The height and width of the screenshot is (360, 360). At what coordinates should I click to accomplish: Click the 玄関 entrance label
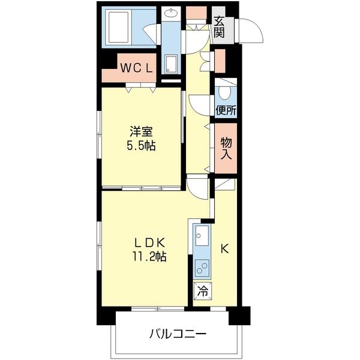point(219,28)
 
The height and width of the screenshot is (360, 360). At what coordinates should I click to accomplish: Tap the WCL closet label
point(136,68)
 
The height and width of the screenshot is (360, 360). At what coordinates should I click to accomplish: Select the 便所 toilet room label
point(226,110)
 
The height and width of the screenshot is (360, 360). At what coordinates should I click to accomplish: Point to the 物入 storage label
point(226,149)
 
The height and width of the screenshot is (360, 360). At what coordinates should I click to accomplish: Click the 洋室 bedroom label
point(141,131)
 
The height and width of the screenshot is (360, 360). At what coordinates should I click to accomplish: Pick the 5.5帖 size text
point(141,145)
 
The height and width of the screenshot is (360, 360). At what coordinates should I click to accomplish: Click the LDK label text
point(149,242)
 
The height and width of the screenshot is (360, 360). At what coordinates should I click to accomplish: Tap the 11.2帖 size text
point(149,256)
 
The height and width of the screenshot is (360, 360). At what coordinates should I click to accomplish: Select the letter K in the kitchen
point(224,248)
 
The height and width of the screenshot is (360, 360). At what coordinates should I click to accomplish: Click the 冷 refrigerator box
point(202,291)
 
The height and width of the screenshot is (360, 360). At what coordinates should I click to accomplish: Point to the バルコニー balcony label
point(178,334)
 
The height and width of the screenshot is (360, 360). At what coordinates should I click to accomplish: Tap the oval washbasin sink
point(171,13)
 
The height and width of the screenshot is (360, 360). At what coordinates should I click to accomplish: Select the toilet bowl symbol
point(224,92)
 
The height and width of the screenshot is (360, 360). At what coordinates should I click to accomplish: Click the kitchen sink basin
point(202,235)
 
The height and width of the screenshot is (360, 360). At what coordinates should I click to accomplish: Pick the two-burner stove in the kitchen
point(202,268)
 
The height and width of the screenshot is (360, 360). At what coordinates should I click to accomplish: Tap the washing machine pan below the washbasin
point(171,64)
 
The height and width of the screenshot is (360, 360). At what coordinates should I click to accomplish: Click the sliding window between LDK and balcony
point(158,309)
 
